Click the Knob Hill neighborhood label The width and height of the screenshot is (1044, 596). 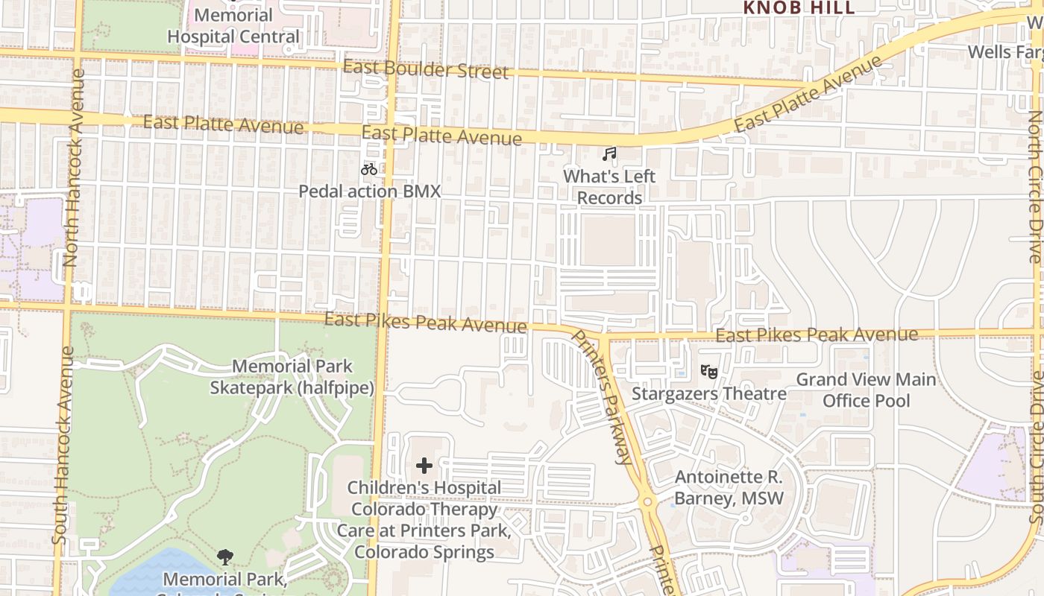click(799, 7)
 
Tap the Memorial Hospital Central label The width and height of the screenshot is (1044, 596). click(233, 26)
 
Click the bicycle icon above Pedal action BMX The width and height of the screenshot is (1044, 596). click(368, 169)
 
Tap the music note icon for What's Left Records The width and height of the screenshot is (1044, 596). click(609, 154)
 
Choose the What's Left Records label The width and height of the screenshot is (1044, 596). click(609, 187)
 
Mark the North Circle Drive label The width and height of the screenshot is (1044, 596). click(1035, 186)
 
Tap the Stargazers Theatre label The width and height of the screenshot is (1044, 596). click(708, 393)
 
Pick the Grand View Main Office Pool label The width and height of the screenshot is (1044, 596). click(866, 390)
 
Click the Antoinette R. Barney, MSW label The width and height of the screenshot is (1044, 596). click(729, 488)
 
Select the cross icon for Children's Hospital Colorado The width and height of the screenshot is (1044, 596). click(424, 466)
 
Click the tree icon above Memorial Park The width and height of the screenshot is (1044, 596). click(224, 557)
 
